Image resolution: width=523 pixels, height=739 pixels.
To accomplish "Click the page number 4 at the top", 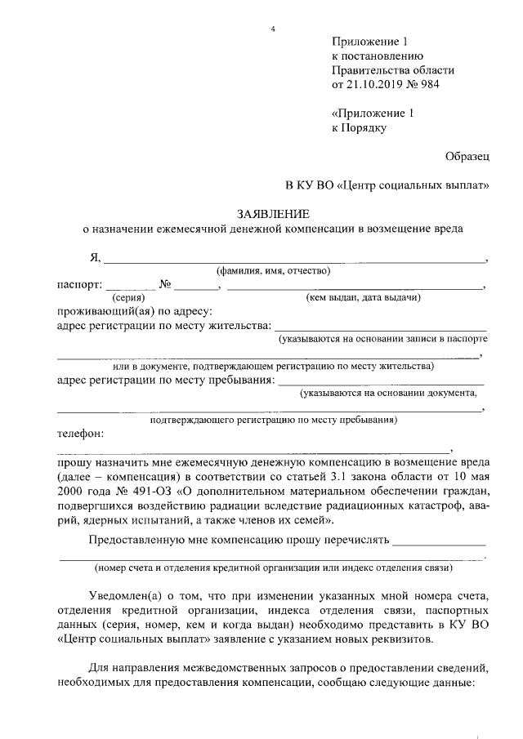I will tap(274, 30).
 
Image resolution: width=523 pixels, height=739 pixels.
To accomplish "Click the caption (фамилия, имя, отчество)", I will tap(272, 271).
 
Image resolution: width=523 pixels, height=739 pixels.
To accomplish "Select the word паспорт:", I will tap(79, 285).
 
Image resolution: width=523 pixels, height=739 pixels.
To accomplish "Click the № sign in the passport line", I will tap(164, 285).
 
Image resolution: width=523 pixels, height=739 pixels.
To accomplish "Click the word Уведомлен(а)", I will tap(127, 597).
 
